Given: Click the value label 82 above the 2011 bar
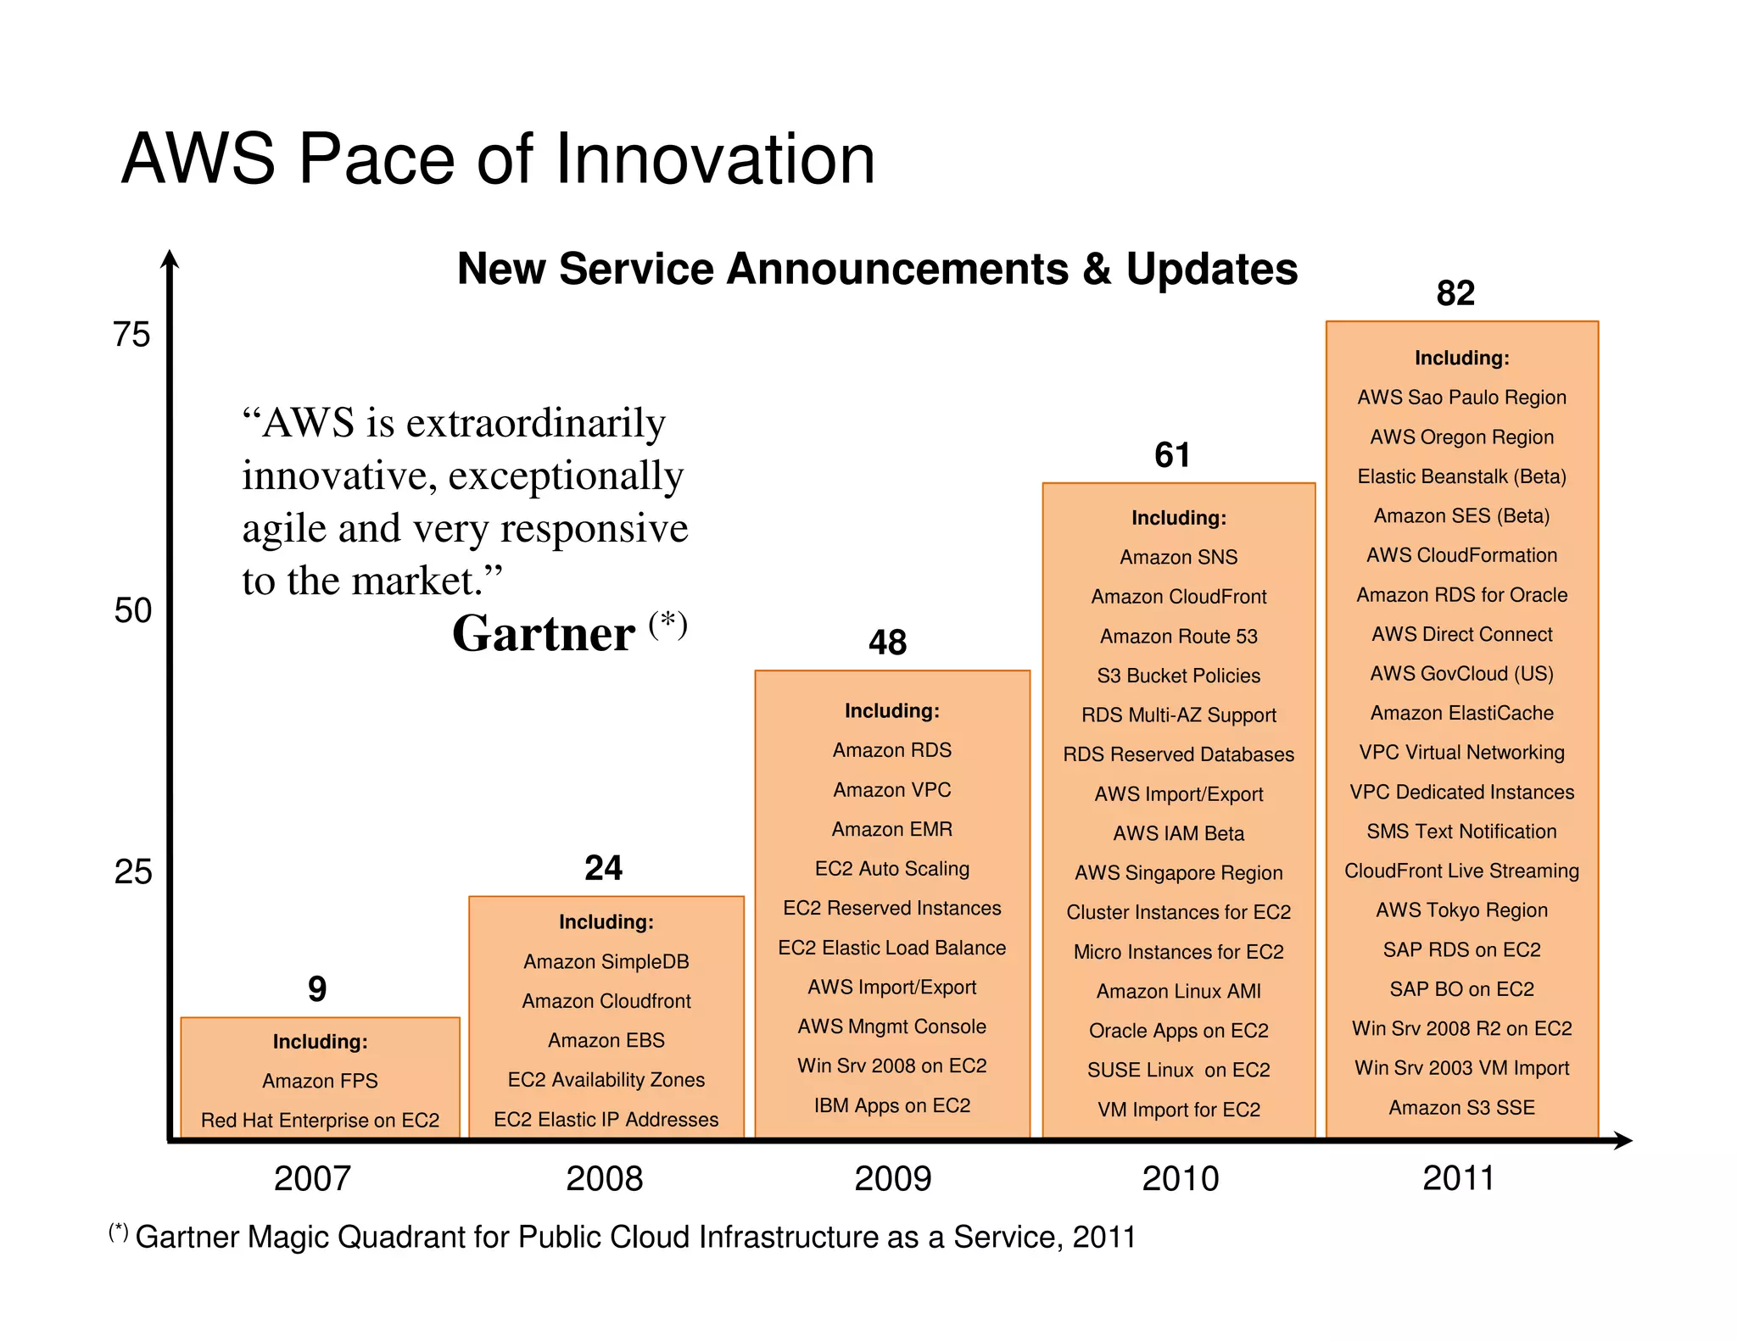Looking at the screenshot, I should point(1455,293).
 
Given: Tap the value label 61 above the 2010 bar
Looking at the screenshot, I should point(1172,455).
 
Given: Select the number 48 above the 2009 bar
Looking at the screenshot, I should point(887,643).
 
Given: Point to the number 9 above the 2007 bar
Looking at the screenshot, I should point(317,989).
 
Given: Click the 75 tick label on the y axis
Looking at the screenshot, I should point(131,335).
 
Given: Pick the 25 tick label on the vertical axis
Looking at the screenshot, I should point(133,872).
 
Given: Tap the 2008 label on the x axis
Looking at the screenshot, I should point(604,1179).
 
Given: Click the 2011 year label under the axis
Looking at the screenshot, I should point(1458,1178).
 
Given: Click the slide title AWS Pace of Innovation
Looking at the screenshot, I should point(498,159).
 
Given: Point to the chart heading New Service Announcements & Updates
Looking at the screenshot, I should point(877,269).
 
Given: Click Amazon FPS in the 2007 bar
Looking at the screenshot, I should point(320,1081).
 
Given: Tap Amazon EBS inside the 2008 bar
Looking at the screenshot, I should point(606,1040).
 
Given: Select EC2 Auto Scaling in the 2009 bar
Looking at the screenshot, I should point(891,869).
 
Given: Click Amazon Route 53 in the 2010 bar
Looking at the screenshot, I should point(1178,637).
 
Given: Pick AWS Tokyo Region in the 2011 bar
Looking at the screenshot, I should point(1461,910).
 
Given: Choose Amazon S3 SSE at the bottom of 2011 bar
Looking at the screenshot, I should point(1461,1108).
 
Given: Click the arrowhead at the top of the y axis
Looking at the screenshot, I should point(170,258).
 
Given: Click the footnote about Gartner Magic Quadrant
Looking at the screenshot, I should point(623,1238).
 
